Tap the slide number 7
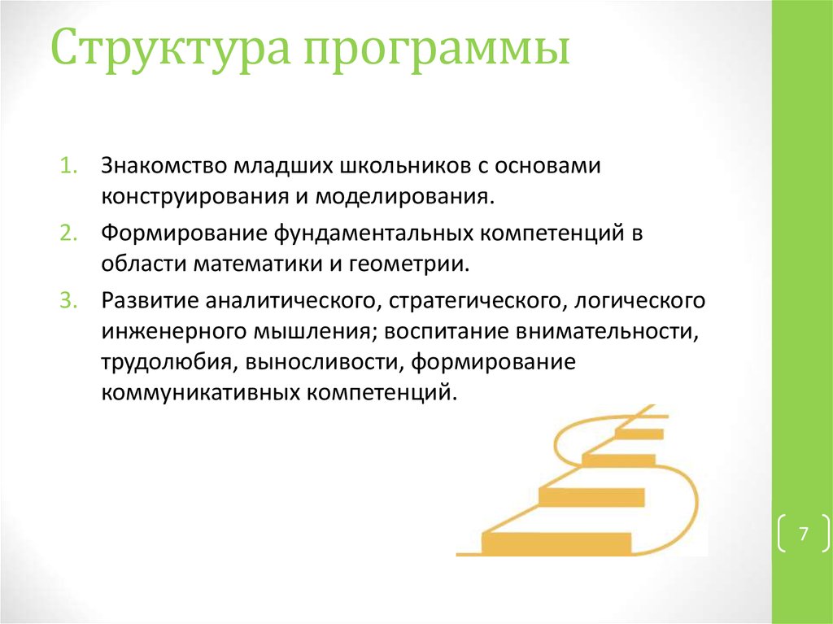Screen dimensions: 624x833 pos(803,535)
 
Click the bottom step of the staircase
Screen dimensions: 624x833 pos(556,541)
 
